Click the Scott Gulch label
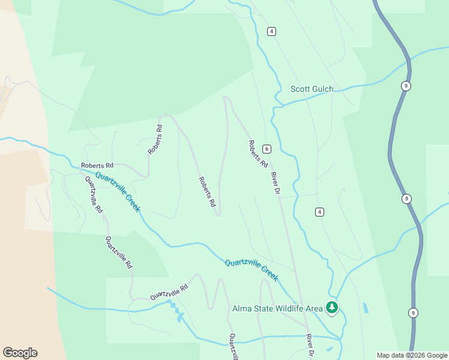click(x=312, y=89)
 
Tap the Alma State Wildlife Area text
click(x=277, y=309)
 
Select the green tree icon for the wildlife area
click(x=332, y=308)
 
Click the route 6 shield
click(x=267, y=149)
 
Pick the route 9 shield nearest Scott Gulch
click(x=406, y=86)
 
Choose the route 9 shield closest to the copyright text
click(x=412, y=313)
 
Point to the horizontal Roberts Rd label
click(x=97, y=165)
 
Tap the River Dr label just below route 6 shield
click(x=276, y=183)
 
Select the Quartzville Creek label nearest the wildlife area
click(x=252, y=269)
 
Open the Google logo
click(x=20, y=353)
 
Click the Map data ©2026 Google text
click(x=412, y=355)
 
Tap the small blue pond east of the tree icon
click(x=366, y=308)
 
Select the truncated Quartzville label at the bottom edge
click(x=231, y=347)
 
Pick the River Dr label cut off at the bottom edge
click(x=310, y=346)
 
